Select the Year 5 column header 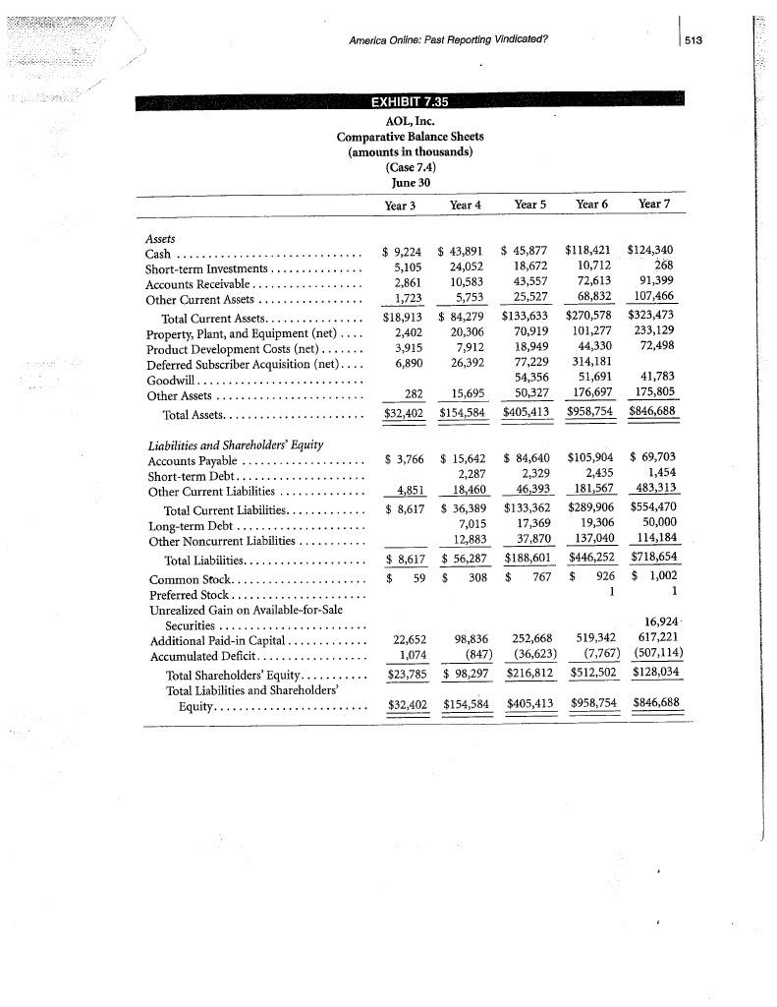click(530, 205)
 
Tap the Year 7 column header click(655, 205)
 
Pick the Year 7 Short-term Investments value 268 click(664, 267)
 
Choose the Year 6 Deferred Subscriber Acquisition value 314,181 click(595, 364)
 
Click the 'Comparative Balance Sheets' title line click(410, 136)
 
